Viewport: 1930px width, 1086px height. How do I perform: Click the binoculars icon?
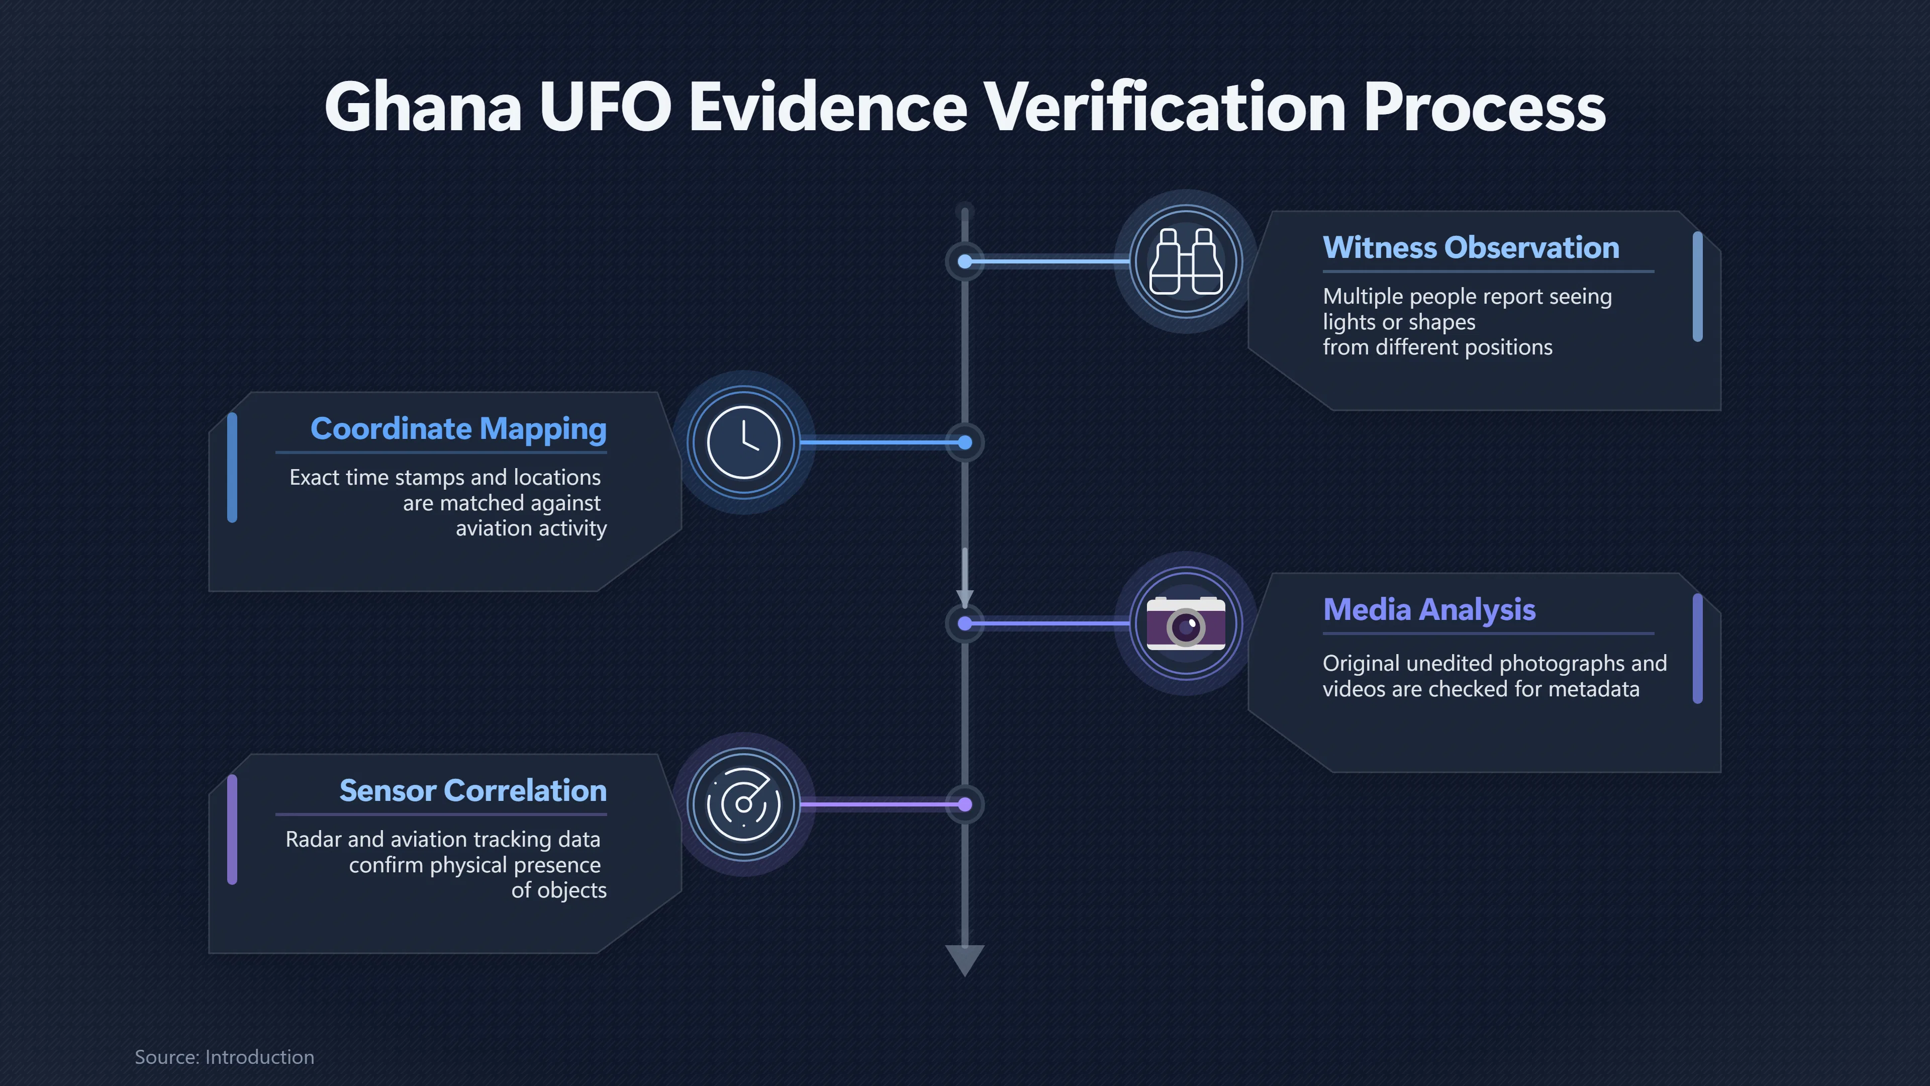[1186, 261]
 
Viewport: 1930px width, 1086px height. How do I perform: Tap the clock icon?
[744, 442]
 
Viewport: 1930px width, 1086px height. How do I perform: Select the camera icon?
[1186, 623]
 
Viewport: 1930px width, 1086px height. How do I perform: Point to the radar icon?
[744, 804]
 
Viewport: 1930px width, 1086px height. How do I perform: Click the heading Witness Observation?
[1471, 247]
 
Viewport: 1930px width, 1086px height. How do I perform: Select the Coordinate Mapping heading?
[458, 429]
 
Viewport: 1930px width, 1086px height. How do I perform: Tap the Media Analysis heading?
[1429, 610]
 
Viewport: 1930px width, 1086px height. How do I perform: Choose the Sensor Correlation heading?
[473, 791]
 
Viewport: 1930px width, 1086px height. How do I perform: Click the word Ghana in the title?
[423, 107]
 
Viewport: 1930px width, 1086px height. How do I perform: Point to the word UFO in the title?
[605, 107]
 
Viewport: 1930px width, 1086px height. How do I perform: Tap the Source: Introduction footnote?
[224, 1057]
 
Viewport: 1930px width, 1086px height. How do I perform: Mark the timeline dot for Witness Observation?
[965, 261]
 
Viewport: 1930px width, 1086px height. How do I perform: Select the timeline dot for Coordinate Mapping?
[965, 442]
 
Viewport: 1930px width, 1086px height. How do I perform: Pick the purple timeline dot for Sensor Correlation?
[965, 804]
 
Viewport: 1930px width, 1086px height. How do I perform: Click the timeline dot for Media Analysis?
[965, 623]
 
